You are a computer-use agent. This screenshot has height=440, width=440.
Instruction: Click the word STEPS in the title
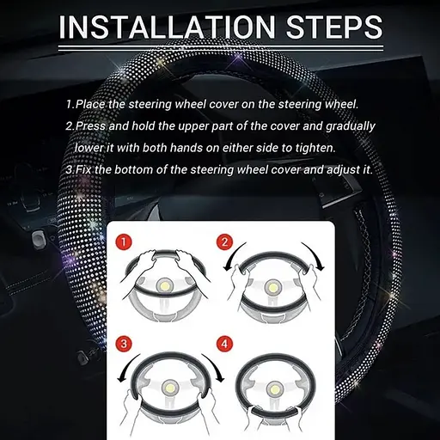[x=334, y=27]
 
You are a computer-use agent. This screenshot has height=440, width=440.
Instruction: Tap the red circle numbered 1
[x=124, y=243]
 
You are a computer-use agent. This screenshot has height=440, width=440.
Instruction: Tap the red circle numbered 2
[x=225, y=242]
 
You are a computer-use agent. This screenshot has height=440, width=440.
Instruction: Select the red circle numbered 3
[x=124, y=344]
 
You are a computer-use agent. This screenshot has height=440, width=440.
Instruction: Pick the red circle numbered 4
[x=225, y=344]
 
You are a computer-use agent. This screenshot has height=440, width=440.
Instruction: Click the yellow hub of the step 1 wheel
[x=166, y=285]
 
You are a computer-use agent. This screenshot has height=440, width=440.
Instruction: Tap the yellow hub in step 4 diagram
[x=272, y=388]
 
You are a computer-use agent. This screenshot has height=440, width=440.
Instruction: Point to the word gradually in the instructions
[x=351, y=126]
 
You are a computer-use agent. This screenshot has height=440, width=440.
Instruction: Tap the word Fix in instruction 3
[x=83, y=169]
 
